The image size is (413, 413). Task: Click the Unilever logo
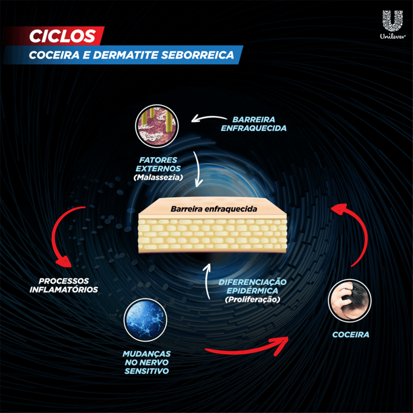pos(392,24)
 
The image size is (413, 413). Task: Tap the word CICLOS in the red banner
pos(62,36)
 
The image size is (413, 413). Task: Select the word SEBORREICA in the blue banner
pos(197,55)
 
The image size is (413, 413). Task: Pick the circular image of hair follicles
pos(157,126)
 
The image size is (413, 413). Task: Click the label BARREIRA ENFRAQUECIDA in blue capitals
pos(253,124)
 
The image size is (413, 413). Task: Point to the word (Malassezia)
pos(158,177)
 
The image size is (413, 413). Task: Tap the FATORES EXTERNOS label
pos(158,164)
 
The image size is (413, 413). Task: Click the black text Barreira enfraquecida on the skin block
pos(214,209)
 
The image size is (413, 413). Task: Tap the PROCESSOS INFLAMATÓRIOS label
pos(63,285)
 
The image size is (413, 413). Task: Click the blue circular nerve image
pos(145,320)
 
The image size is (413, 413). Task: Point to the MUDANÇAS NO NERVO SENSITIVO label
pos(147,362)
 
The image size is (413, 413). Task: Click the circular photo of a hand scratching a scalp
pos(350,300)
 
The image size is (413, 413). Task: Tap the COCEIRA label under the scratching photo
pos(351,335)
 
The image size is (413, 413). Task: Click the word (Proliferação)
pos(252,299)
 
